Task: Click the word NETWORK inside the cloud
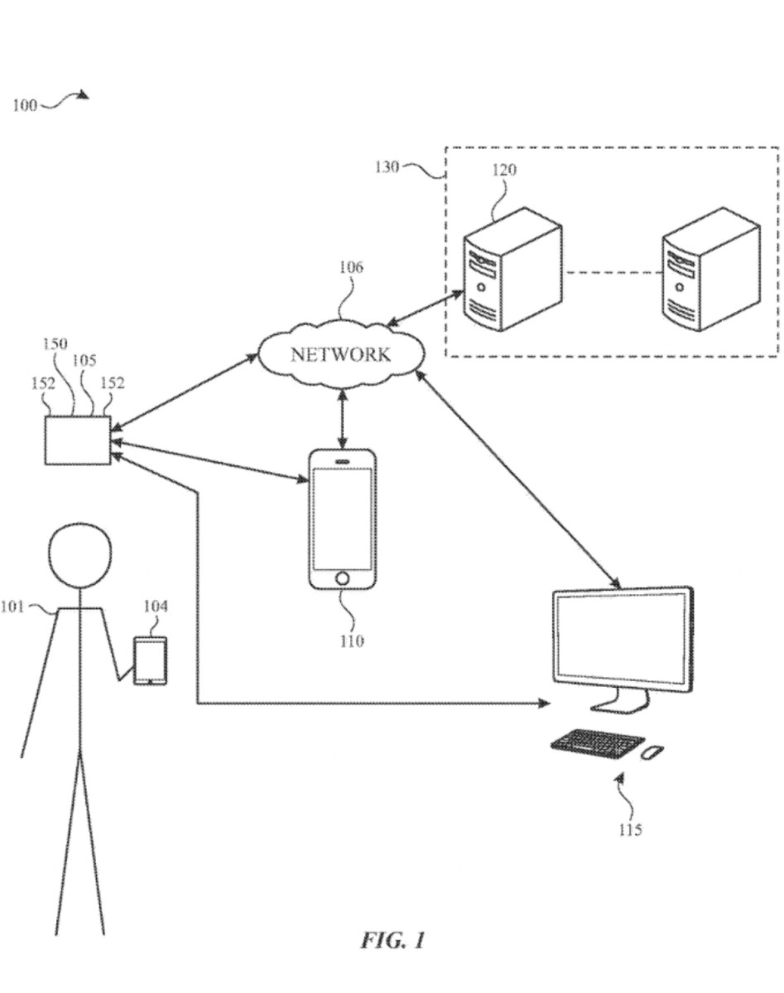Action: point(340,355)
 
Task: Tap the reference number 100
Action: point(25,105)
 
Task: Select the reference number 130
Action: point(386,167)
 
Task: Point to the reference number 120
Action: point(504,170)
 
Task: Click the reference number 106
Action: point(350,268)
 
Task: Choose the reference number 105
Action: point(84,361)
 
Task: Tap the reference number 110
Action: point(352,640)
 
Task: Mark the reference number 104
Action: point(156,607)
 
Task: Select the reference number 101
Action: point(14,607)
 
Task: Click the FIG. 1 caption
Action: point(392,940)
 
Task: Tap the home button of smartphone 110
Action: point(342,578)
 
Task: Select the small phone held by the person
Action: point(151,660)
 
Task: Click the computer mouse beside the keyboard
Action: point(652,751)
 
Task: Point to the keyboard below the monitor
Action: point(597,741)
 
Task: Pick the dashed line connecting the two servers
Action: point(612,272)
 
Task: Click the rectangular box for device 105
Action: point(77,440)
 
